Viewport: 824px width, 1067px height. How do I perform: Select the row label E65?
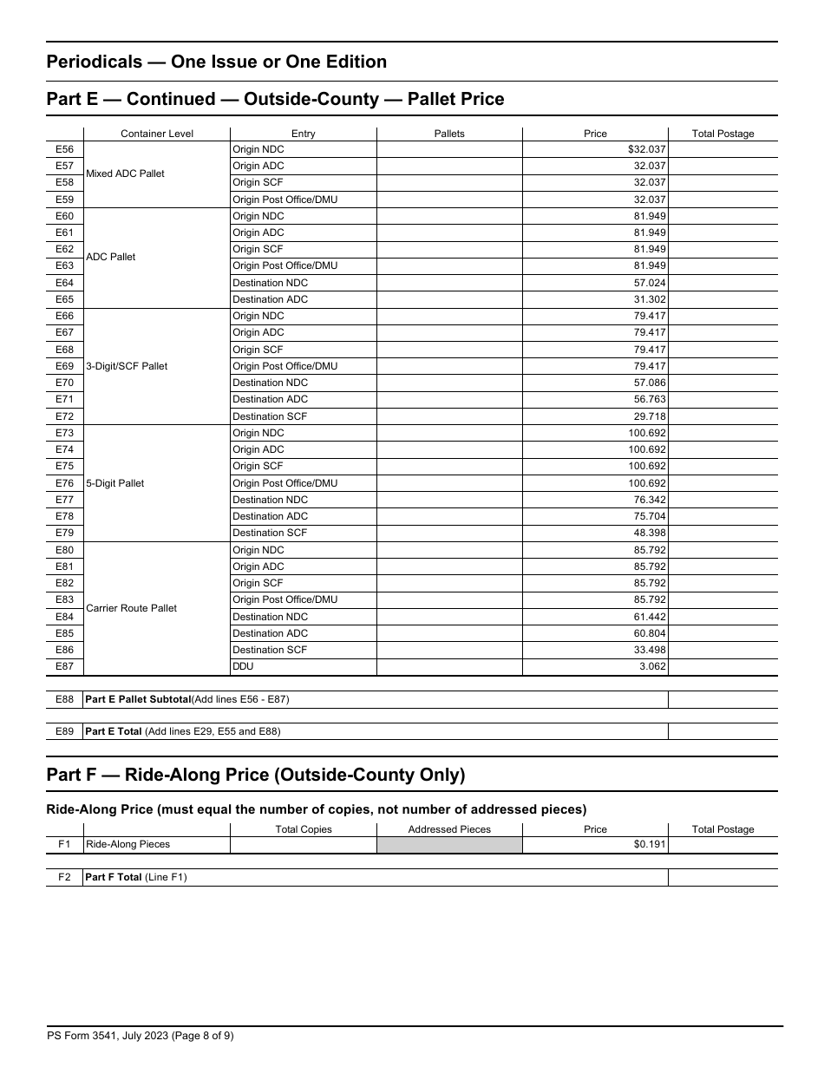[64, 299]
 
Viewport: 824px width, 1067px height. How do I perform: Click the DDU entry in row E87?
[243, 666]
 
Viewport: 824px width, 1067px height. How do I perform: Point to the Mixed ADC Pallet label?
[125, 173]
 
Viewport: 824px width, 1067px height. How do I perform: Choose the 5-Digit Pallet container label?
[115, 483]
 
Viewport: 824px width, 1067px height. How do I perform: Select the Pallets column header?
[449, 134]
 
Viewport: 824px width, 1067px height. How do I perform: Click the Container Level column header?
[157, 134]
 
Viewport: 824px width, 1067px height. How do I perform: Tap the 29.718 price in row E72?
[650, 416]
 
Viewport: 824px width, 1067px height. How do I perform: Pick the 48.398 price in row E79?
[650, 533]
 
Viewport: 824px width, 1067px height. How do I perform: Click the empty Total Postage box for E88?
[723, 699]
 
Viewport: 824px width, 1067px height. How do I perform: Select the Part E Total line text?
[182, 731]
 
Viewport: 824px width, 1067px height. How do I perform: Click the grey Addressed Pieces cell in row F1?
[449, 844]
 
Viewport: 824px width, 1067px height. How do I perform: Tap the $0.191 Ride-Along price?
[650, 844]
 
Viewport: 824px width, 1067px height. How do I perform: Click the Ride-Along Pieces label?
[128, 844]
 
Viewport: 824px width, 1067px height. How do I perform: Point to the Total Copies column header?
[304, 829]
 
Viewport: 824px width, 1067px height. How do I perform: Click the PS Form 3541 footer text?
[140, 1035]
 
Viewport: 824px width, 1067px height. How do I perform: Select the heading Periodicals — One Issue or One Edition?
[216, 62]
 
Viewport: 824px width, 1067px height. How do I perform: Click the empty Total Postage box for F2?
[723, 877]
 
